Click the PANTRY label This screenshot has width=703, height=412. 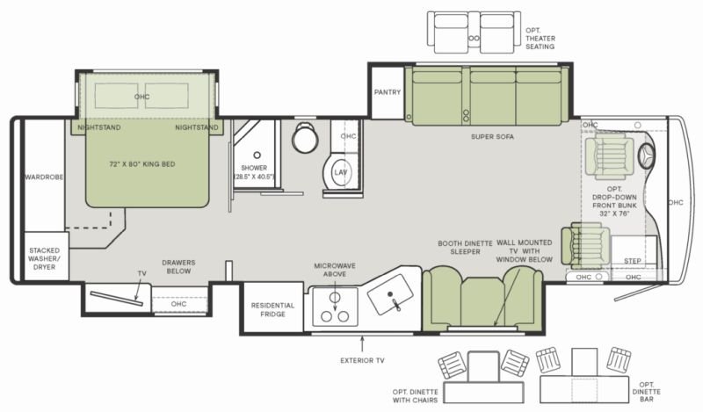pos(388,92)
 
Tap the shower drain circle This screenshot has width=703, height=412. pos(257,155)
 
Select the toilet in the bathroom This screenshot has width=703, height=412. pos(305,137)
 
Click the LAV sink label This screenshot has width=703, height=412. pos(341,172)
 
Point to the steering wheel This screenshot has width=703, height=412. pos(646,155)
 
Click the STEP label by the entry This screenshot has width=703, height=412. pos(632,261)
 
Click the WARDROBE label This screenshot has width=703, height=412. pos(44,177)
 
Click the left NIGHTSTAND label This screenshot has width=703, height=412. pos(99,127)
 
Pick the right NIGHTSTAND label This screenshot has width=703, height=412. pos(196,127)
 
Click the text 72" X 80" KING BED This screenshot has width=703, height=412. pos(142,164)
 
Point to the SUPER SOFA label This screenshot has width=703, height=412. pos(492,137)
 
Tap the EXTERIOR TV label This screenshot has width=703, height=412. pos(362,360)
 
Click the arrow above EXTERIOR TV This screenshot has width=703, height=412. pos(362,343)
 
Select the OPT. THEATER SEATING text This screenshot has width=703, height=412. pos(540,39)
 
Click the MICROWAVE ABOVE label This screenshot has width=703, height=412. pos(335,270)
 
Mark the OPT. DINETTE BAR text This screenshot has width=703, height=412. pos(647,392)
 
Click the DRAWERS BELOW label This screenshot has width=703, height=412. pos(178,267)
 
